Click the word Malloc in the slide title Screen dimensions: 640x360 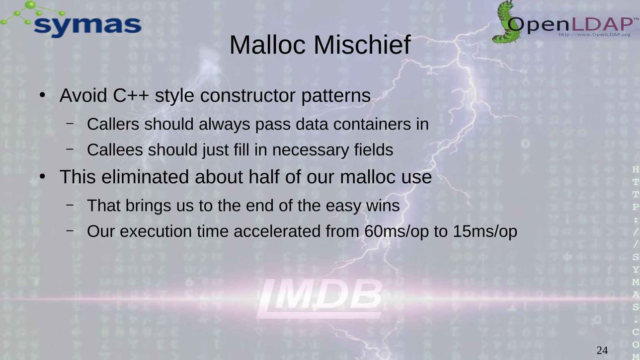pos(267,45)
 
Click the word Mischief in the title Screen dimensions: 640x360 pos(362,45)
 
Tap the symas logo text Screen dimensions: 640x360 pos(87,26)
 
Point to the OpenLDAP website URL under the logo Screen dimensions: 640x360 pos(594,35)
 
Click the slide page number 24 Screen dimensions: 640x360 pos(602,350)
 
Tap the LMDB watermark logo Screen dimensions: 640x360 pos(320,298)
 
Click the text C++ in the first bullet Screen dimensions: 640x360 pos(131,95)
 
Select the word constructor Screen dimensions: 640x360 pos(247,96)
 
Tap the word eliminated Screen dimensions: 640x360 pos(145,177)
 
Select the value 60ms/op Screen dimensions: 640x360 pos(397,231)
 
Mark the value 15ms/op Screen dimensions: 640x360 pos(485,231)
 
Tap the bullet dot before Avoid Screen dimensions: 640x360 pos(42,95)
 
